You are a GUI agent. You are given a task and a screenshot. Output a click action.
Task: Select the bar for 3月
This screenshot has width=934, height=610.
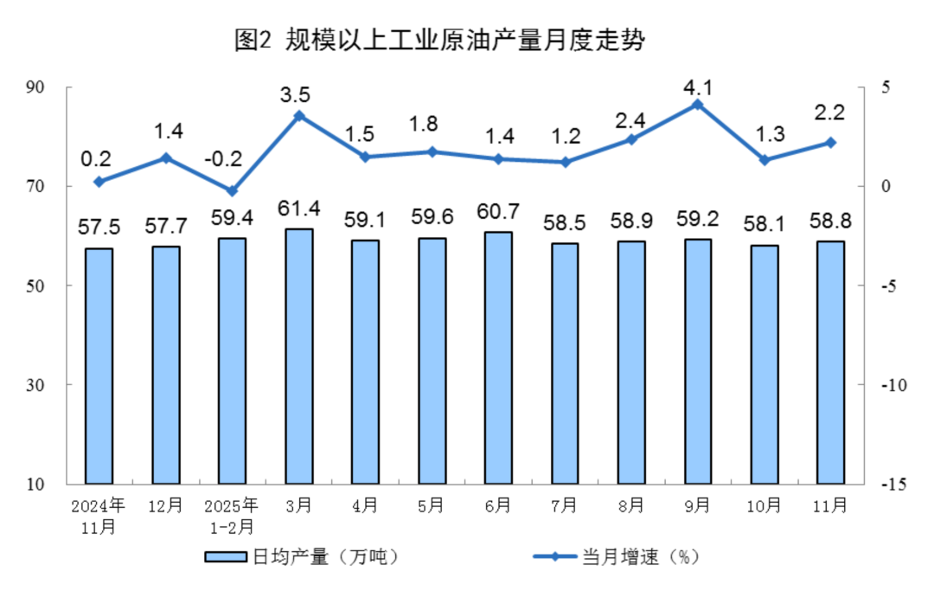[x=298, y=356]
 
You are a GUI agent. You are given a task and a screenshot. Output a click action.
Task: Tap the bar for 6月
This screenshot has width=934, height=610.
[x=498, y=357]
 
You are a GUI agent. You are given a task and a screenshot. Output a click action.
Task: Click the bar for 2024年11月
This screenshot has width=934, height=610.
[x=99, y=365]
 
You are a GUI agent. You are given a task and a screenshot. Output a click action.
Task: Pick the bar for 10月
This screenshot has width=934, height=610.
[x=764, y=363]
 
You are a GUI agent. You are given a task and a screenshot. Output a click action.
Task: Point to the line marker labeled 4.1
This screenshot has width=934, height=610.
[x=697, y=105]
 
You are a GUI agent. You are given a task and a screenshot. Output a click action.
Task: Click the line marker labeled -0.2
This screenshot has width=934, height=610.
[x=232, y=190]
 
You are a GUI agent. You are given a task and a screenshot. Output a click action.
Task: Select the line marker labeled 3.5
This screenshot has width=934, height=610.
[x=298, y=116]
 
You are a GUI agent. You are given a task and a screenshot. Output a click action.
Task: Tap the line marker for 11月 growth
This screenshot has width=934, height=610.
[x=830, y=143]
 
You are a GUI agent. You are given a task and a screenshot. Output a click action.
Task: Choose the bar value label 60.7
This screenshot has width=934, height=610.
[x=498, y=211]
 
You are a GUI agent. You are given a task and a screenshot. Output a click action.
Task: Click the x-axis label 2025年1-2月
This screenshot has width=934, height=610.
[x=232, y=515]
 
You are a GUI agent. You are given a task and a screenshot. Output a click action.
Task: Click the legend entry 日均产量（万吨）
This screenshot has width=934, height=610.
[x=303, y=557]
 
